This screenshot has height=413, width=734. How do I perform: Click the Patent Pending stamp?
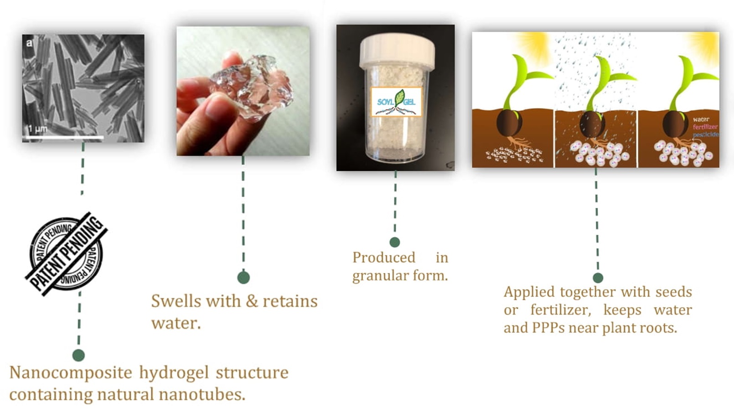tap(67, 254)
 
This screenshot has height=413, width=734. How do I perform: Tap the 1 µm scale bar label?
tap(37, 129)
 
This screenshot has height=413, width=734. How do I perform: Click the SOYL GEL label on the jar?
tap(396, 102)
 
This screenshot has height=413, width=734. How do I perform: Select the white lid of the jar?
tap(397, 51)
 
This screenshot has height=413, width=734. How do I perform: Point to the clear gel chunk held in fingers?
tap(252, 88)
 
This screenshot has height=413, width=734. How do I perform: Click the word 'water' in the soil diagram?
tap(701, 119)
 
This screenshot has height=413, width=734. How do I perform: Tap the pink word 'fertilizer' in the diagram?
tap(705, 127)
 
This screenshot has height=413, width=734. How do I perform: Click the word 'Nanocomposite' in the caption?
tap(71, 373)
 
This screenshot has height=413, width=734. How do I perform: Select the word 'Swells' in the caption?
tap(176, 301)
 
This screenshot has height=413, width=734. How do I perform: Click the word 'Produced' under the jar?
tap(384, 258)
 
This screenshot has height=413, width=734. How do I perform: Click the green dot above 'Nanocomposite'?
tap(78, 355)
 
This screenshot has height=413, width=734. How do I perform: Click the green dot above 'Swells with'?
tap(243, 278)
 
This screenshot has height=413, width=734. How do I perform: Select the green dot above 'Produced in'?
tap(395, 242)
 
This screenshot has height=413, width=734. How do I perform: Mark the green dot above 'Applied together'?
tap(598, 278)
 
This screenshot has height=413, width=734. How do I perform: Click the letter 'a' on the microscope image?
tap(30, 43)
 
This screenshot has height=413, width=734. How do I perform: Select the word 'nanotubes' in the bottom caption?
tap(202, 394)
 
